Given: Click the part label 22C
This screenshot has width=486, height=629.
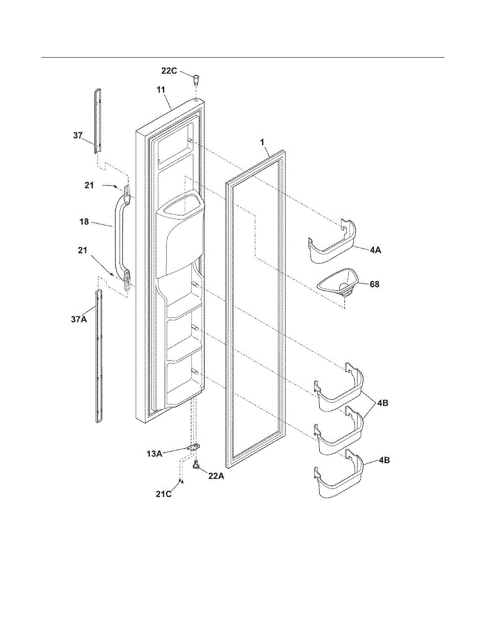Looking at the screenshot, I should coord(169,71).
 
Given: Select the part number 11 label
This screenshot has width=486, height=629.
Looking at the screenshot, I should coord(161,90).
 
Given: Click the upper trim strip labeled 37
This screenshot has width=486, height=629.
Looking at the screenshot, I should coord(98,121).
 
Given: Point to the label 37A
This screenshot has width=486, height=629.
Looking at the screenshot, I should coord(79,319).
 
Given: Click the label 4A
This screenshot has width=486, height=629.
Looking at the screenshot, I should coord(375,251).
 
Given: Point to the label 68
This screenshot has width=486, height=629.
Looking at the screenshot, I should coord(374,285).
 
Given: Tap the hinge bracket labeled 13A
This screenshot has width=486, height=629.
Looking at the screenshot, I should coord(194,448).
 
